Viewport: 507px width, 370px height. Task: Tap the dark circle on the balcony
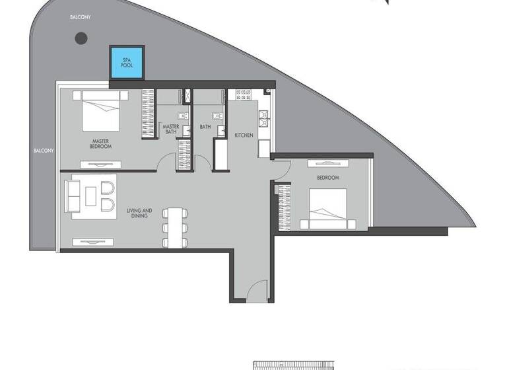81,38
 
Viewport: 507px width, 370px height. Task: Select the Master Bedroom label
100,143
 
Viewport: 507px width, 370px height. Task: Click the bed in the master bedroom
101,110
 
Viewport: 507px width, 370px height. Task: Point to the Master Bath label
170,128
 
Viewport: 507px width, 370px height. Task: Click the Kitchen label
244,135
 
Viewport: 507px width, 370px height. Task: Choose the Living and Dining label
139,213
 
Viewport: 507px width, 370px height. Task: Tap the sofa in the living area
72,196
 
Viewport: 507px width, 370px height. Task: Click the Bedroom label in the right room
327,178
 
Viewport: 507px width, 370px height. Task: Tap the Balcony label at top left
81,17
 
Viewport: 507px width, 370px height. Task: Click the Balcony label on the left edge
44,151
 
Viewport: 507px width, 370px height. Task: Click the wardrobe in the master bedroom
148,113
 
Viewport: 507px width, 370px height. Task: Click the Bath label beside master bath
205,126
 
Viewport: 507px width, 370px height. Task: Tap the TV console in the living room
96,242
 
